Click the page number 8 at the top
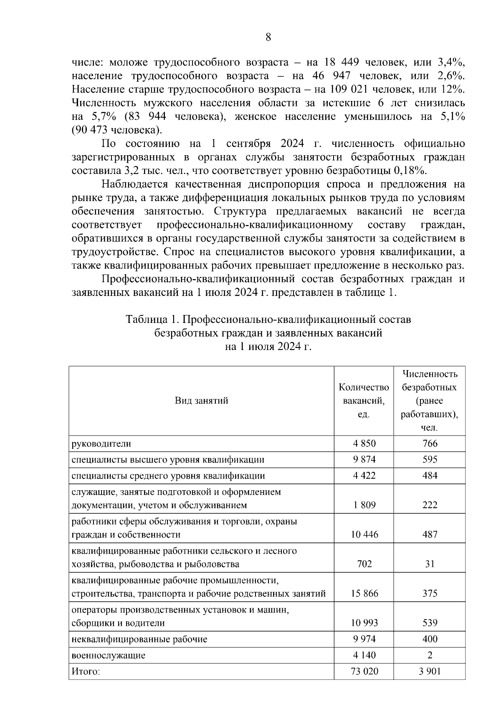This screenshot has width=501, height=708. (x=268, y=38)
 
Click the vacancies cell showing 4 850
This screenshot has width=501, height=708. (x=364, y=443)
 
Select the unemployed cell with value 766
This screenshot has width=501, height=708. (x=430, y=443)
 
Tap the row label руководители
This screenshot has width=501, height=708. (x=101, y=443)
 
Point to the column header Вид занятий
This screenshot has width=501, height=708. (x=201, y=401)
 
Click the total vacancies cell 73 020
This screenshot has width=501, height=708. (x=364, y=671)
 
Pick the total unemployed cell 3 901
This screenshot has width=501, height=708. (x=430, y=671)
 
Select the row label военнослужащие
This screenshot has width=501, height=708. (x=109, y=655)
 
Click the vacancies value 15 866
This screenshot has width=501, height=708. (x=364, y=593)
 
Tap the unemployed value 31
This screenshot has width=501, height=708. (x=430, y=564)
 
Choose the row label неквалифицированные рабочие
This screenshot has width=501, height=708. (x=139, y=639)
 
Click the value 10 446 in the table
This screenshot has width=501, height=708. (x=364, y=534)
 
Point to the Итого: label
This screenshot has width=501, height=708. (x=86, y=671)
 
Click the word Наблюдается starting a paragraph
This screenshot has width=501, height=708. (x=134, y=184)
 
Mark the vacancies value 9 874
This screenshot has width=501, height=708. (x=364, y=459)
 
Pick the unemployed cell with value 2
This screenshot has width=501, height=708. (x=430, y=655)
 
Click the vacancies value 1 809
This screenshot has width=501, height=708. (x=364, y=505)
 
